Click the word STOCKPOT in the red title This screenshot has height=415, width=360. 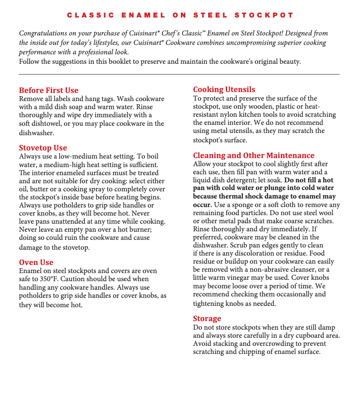click(264, 15)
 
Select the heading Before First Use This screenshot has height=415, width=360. click(48, 90)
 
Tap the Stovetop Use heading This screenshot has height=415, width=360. click(43, 148)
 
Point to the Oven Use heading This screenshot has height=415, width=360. click(36, 262)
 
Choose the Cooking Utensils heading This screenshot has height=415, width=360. click(224, 89)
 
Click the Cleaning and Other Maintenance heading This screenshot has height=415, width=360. click(254, 155)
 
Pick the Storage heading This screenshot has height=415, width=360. click(207, 318)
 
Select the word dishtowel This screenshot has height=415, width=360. click(48, 124)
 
